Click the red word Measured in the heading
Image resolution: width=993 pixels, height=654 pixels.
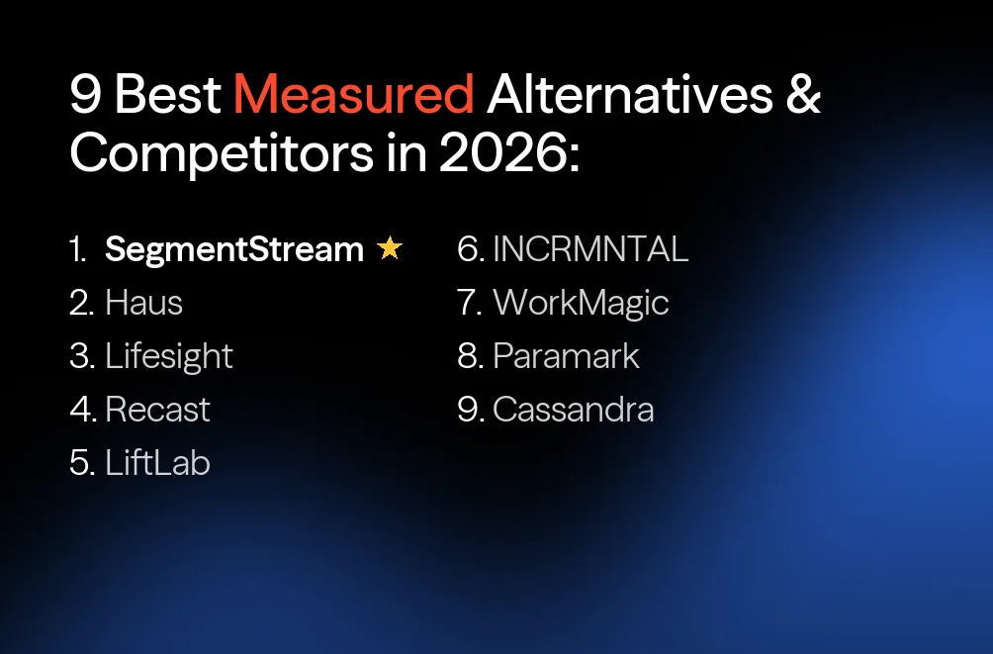click(353, 96)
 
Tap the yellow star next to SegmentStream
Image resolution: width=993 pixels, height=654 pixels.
click(390, 249)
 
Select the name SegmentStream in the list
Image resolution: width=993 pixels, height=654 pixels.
click(234, 250)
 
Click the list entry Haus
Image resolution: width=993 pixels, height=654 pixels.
click(143, 303)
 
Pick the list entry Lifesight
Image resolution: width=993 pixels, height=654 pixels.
click(169, 356)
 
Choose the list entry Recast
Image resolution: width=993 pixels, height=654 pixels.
click(158, 410)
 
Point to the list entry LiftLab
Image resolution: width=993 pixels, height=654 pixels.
click(158, 463)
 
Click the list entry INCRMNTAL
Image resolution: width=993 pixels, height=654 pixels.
click(590, 250)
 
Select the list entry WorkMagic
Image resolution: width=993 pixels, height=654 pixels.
click(581, 303)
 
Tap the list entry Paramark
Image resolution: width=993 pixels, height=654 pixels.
click(566, 356)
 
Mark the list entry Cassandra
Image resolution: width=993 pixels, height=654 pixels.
click(574, 410)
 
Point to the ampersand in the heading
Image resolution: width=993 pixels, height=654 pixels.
click(802, 96)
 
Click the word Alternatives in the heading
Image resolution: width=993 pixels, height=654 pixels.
click(629, 96)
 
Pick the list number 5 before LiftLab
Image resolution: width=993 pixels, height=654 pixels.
click(80, 463)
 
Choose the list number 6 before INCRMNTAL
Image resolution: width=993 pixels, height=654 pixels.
click(469, 250)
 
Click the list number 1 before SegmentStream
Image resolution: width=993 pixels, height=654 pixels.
click(78, 250)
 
